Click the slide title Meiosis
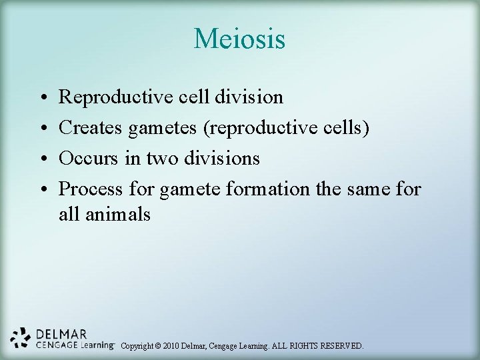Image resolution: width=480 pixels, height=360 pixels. [239, 39]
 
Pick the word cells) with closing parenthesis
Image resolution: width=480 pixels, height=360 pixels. [345, 128]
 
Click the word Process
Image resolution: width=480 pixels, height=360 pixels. [91, 189]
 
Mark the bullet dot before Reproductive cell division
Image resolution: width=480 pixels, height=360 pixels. [43, 98]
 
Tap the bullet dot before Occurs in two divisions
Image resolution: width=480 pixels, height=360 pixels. [43, 159]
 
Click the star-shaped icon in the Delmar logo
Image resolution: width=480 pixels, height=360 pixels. [21, 338]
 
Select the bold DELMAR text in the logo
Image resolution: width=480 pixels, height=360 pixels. [61, 333]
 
